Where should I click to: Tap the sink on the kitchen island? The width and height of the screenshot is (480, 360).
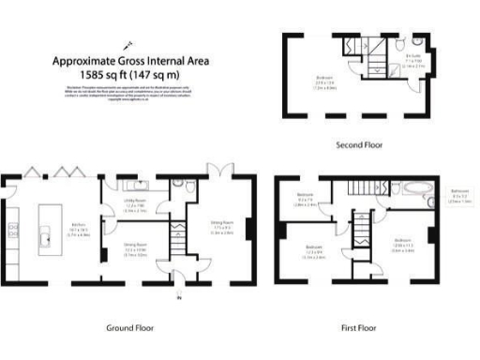click(45, 237)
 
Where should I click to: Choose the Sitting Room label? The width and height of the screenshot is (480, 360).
click(220, 225)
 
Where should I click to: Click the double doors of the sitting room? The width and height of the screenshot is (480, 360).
click(218, 172)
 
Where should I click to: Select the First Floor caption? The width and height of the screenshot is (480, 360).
click(357, 328)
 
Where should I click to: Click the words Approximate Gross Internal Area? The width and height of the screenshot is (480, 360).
click(130, 61)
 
